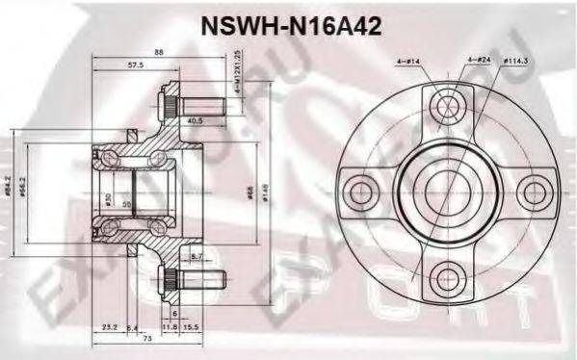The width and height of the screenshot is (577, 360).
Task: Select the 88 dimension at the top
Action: click(x=157, y=52)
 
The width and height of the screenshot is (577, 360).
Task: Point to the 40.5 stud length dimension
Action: click(x=196, y=120)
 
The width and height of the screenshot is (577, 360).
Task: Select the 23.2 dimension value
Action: click(x=111, y=327)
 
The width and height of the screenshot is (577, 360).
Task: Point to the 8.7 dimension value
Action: click(x=197, y=258)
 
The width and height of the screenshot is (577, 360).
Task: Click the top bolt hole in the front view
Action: click(x=444, y=102)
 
